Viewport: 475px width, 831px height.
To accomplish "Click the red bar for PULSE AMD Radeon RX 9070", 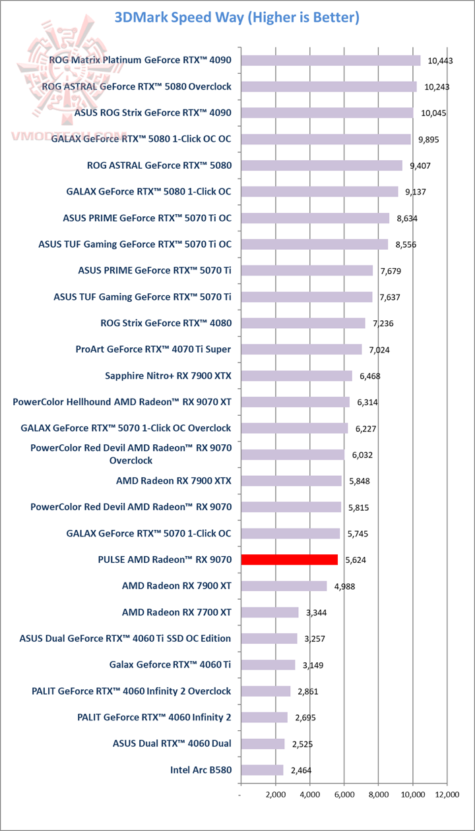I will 290,559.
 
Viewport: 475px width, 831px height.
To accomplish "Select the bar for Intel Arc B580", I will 263,770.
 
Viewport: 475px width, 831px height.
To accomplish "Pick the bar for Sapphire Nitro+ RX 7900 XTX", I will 297,376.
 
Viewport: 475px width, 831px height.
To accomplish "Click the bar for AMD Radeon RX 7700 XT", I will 270,612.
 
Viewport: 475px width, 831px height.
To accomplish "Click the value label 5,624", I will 357,560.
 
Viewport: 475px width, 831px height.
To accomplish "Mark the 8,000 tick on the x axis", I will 379,795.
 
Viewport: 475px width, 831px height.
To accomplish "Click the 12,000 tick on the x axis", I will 447,795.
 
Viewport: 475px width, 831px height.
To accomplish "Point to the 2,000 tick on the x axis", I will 276,795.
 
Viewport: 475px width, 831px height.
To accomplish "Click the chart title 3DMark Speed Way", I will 237,18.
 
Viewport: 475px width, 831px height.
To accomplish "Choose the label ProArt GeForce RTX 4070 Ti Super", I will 154,349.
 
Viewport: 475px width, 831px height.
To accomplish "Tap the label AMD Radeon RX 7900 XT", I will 177,585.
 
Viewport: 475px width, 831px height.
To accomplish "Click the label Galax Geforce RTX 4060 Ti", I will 170,664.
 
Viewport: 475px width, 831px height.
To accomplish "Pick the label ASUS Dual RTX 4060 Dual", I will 172,743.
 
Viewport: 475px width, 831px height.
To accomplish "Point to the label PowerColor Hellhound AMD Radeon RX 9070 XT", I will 122,402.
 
